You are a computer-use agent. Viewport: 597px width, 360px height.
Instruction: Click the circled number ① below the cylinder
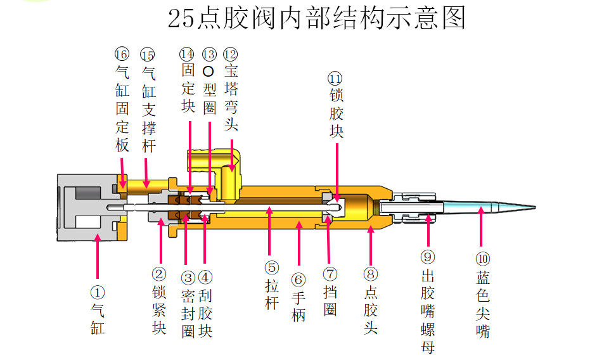[x=98, y=293]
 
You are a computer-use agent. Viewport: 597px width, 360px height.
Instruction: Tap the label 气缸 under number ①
[x=98, y=319]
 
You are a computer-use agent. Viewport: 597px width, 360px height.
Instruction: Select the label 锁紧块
[x=159, y=311]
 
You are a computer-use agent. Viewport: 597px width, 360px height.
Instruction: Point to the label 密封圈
[x=188, y=314]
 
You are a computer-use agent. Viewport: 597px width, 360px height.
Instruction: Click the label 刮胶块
[x=205, y=314]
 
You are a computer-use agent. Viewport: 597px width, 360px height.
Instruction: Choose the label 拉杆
[x=271, y=295]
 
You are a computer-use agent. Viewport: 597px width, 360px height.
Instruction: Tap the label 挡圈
[x=330, y=301]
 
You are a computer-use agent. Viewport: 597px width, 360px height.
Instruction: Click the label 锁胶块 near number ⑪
[x=336, y=114]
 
